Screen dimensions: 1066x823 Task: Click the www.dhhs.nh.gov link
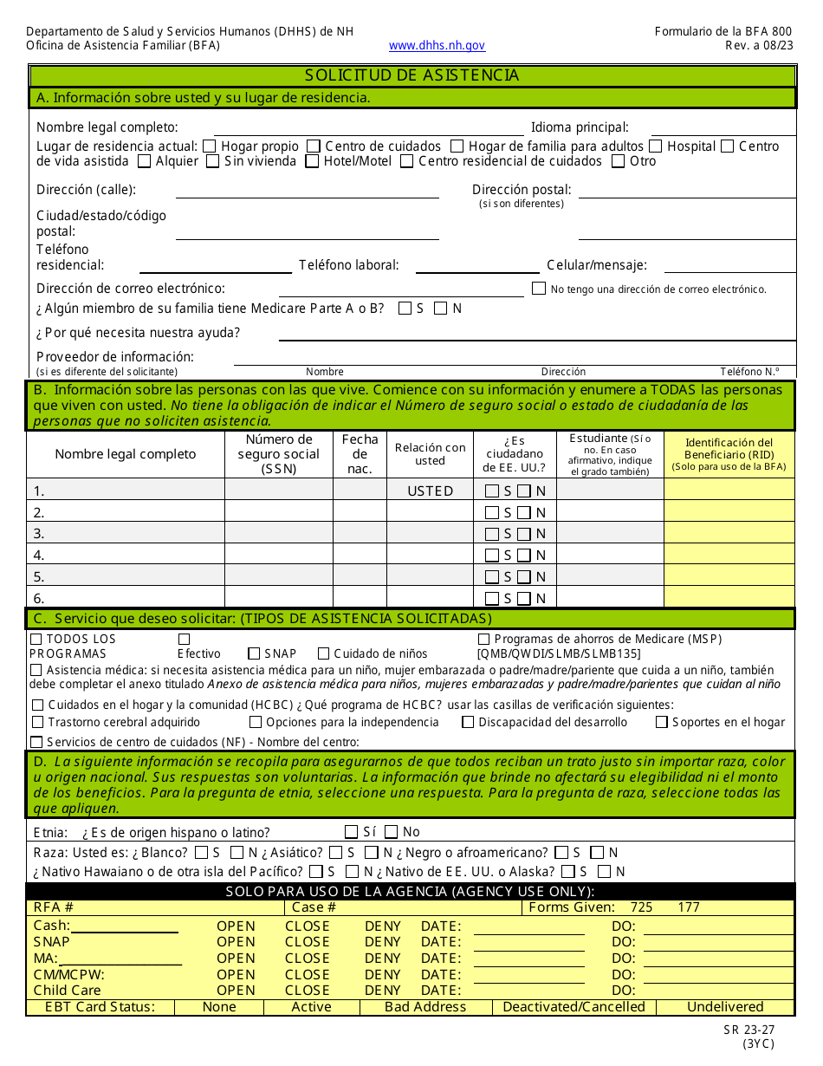437,46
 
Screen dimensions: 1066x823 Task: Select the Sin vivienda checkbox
212,161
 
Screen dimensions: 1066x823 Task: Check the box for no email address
539,289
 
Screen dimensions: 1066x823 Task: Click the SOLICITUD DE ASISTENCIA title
411,75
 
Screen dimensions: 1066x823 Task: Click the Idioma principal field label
580,127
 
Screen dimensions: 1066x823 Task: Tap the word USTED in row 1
430,491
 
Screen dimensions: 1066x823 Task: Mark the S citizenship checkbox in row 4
492,556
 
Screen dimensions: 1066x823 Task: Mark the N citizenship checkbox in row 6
524,598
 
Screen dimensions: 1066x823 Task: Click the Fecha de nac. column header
360,454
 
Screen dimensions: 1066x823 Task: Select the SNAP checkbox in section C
254,653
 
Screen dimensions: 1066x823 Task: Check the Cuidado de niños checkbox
324,653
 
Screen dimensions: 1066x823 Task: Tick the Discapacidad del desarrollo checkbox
468,722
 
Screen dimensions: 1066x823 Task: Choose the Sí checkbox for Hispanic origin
352,832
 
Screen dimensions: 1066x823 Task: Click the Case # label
314,907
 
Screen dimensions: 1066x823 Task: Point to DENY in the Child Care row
382,990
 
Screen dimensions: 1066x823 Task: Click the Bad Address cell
424,1007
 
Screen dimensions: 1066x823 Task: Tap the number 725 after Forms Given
641,907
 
